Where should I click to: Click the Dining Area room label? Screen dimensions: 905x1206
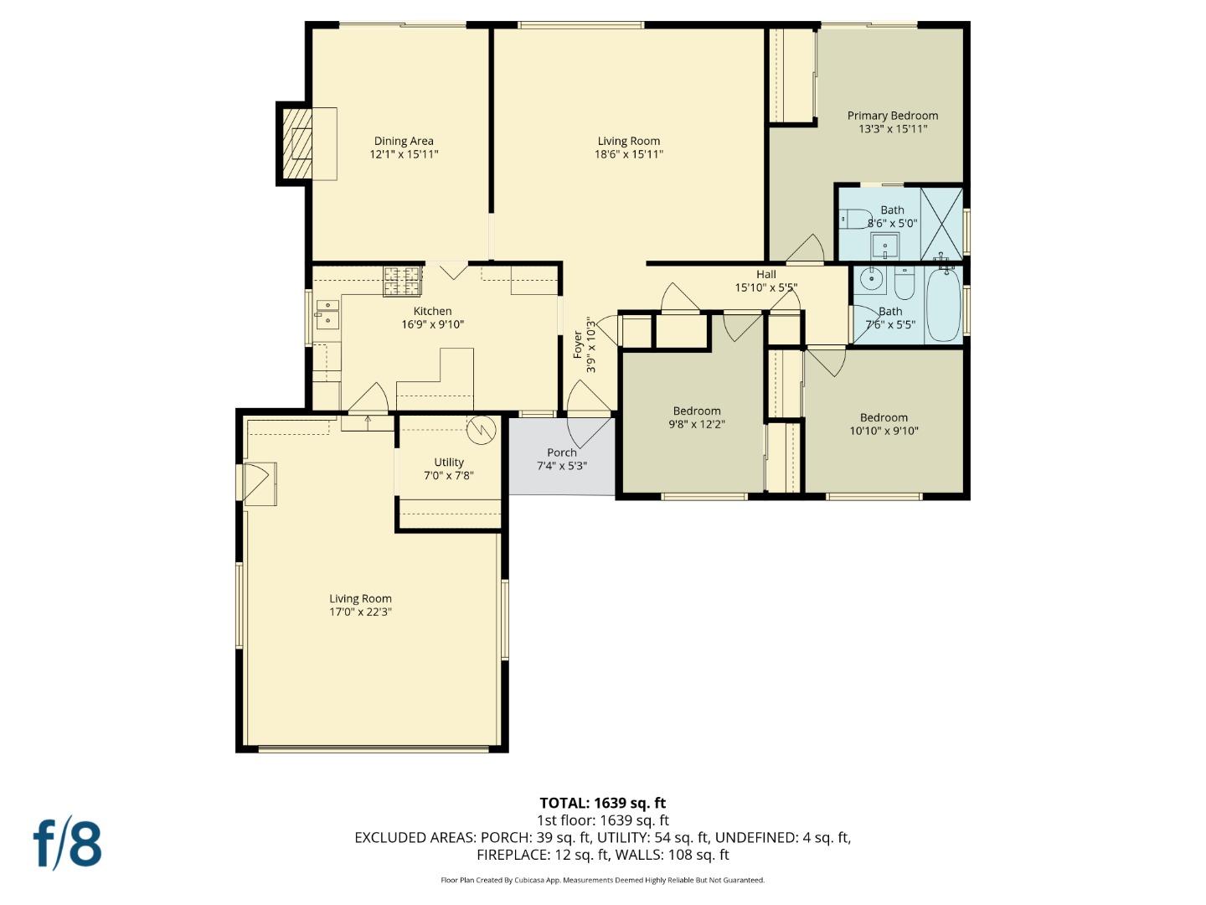click(404, 141)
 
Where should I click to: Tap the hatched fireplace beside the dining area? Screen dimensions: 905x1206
click(295, 143)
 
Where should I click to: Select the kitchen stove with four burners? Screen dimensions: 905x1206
click(403, 282)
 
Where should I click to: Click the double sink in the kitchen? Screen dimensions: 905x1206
click(327, 315)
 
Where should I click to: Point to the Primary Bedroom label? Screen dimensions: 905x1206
click(892, 116)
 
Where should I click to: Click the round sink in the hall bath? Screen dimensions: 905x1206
click(870, 280)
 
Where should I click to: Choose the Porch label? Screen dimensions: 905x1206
click(561, 452)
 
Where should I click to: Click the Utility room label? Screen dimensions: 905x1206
click(449, 462)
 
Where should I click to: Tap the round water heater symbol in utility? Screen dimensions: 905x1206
click(482, 430)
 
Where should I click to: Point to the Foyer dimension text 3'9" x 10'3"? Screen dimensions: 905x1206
click(590, 345)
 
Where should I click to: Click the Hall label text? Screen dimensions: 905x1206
click(765, 274)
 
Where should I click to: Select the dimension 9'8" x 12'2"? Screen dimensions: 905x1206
click(697, 424)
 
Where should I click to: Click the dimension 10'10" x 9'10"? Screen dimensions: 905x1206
click(884, 431)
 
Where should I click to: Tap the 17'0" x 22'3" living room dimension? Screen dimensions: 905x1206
click(360, 612)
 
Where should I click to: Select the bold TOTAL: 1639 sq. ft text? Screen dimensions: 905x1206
click(602, 803)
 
